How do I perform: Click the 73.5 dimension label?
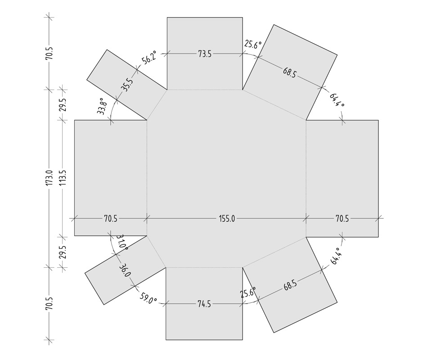tap(205, 54)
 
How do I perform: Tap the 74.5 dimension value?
tap(204, 304)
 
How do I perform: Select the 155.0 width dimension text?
tap(227, 219)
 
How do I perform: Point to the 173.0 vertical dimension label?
tap(49, 177)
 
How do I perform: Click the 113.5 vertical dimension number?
tap(63, 177)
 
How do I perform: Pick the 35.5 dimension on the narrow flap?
tap(127, 85)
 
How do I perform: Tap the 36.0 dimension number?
tap(125, 270)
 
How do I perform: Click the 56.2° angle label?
tap(149, 57)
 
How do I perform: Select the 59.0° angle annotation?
tap(148, 298)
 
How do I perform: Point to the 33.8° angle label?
tap(101, 106)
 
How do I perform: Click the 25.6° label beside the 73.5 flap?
tap(252, 44)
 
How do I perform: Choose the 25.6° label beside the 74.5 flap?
tap(248, 292)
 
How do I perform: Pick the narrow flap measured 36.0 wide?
tap(126, 270)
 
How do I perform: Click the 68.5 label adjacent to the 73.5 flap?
tap(289, 72)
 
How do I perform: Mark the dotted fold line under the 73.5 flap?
tap(205, 90)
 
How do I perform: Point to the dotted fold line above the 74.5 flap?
tap(204, 267)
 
